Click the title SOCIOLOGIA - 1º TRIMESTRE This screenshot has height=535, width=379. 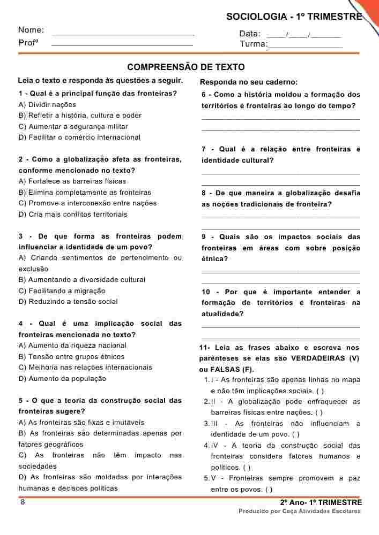point(294,17)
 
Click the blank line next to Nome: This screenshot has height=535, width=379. point(123,34)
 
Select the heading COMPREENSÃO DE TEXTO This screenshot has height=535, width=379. point(186,67)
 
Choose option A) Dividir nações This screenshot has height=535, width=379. point(47,105)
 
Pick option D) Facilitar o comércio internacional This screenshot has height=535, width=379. point(79,137)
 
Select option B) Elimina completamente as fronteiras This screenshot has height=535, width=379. point(85,193)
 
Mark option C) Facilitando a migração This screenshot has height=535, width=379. point(62,291)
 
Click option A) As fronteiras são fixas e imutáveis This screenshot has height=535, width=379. point(81,423)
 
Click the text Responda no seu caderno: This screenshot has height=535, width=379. point(248,82)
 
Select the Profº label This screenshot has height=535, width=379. point(28,43)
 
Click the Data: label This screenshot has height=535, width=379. point(250,34)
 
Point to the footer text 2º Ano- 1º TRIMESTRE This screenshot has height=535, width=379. point(321,502)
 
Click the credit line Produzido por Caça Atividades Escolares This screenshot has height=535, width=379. point(300,511)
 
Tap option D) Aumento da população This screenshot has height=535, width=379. point(62,379)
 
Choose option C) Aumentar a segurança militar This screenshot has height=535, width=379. point(73,127)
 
